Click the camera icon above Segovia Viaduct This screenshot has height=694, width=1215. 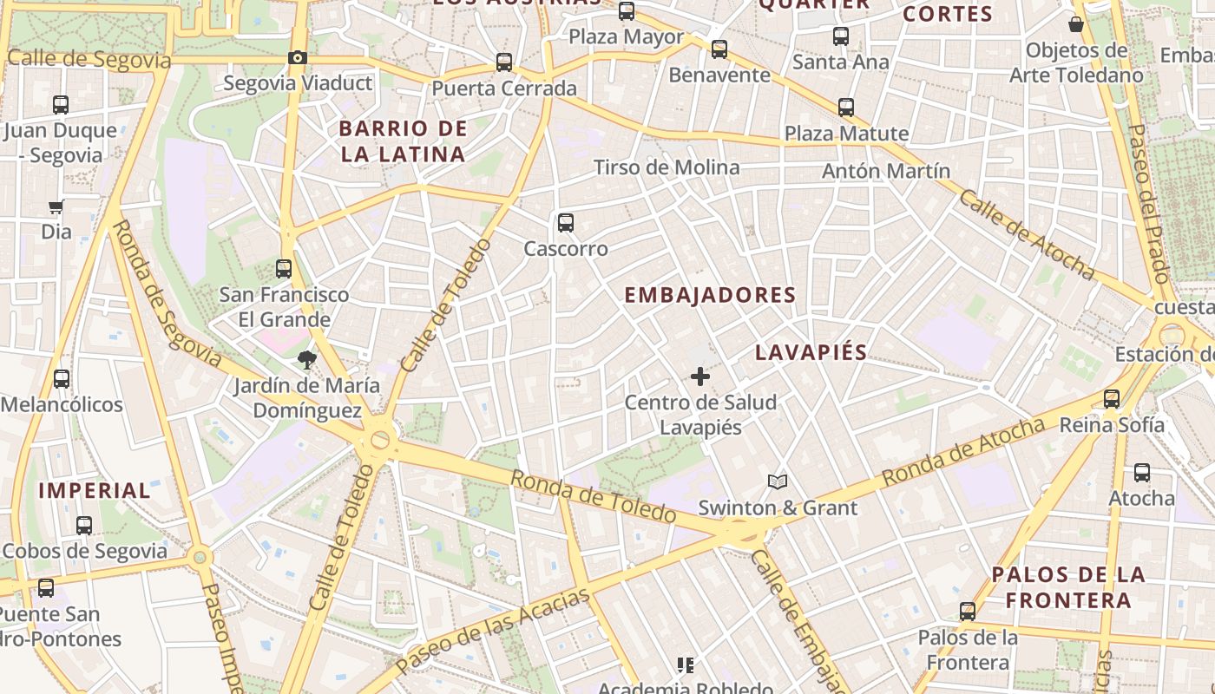tap(298, 58)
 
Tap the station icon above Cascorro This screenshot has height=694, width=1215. tap(566, 223)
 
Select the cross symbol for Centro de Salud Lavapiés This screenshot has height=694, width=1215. tap(700, 376)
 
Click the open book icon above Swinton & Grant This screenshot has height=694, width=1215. tap(778, 481)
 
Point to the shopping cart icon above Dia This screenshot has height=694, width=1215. tap(56, 206)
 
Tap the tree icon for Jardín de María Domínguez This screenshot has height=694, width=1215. tap(306, 360)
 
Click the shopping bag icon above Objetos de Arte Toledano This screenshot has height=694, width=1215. tap(1076, 24)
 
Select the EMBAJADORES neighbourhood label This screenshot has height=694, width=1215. tap(710, 295)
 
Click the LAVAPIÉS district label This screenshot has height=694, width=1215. tap(811, 352)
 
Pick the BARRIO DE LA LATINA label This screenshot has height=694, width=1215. tap(403, 141)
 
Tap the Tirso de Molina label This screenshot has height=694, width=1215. tap(667, 167)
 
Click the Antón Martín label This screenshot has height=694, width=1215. tap(886, 171)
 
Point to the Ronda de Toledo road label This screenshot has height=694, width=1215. tap(593, 496)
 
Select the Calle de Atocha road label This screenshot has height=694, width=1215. tap(1027, 234)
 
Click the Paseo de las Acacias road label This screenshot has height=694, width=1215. tap(493, 630)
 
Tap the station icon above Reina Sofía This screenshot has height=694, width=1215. tap(1112, 399)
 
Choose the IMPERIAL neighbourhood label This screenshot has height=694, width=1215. tap(95, 490)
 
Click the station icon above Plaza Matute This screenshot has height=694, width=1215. tap(846, 108)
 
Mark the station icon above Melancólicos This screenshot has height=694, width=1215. tap(62, 379)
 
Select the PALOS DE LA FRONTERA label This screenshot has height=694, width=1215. tap(1068, 587)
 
